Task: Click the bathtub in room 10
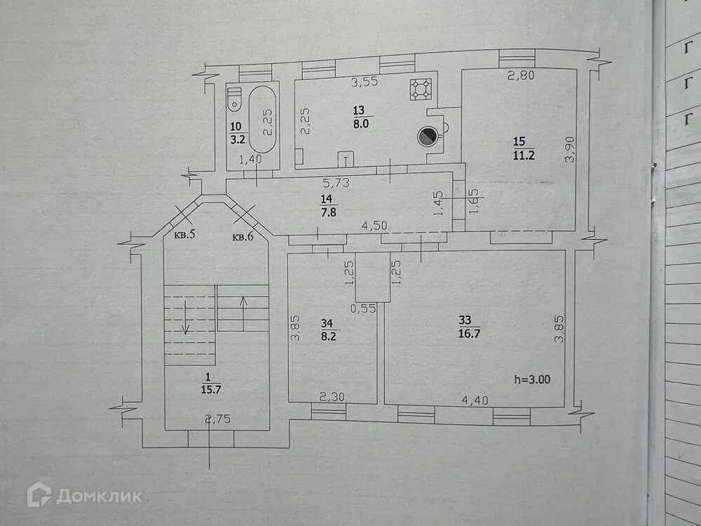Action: click(262, 119)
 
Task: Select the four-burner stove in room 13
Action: click(421, 90)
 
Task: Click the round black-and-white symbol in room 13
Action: click(426, 137)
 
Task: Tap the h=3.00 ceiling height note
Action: click(531, 379)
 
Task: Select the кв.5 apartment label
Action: click(184, 236)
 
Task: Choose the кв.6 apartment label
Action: click(243, 236)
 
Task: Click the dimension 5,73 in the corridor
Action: click(336, 184)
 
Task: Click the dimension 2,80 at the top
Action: click(521, 76)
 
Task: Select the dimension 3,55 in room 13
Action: click(364, 82)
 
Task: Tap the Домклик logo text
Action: click(99, 497)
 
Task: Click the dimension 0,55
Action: click(362, 308)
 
